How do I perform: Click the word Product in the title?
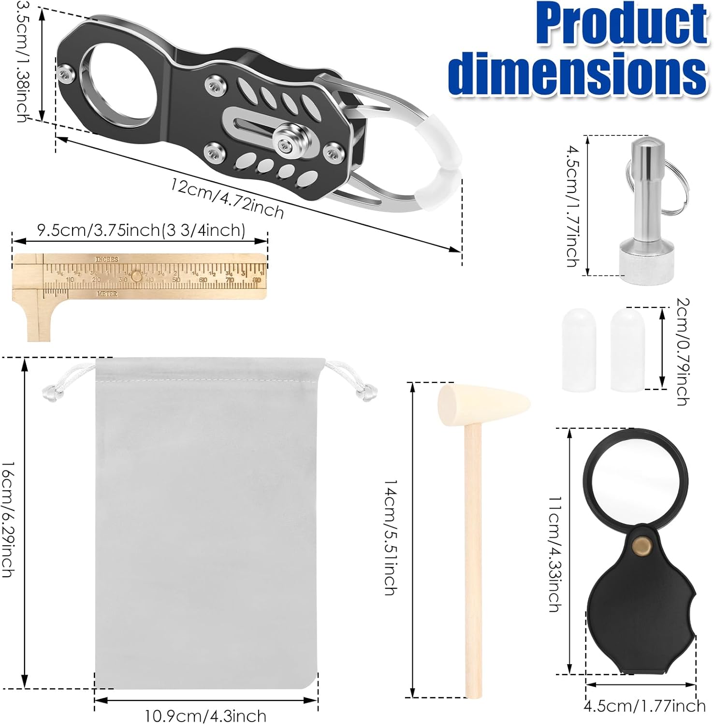[621, 24]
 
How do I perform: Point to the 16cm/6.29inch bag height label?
[8, 520]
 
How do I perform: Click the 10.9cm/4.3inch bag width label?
[205, 715]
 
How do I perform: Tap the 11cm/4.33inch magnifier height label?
[554, 553]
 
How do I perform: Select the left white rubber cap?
[579, 350]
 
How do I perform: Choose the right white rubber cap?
[627, 350]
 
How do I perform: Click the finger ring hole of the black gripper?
[119, 85]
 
